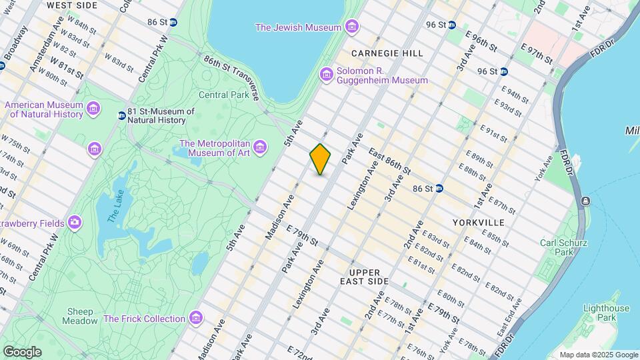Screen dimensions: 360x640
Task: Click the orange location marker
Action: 320,159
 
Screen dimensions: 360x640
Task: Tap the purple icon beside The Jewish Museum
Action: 352,27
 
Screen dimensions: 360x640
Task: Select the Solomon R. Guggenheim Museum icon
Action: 326,74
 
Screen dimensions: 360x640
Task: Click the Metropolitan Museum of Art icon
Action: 259,146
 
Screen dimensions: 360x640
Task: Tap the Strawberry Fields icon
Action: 74,222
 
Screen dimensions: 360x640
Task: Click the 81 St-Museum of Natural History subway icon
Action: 121,115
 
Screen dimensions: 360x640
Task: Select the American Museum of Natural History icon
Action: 93,108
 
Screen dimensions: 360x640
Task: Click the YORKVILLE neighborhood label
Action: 478,222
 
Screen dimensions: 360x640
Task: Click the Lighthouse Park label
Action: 605,313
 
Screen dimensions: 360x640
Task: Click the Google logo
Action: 22,351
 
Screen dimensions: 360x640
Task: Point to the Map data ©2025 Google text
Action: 598,355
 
